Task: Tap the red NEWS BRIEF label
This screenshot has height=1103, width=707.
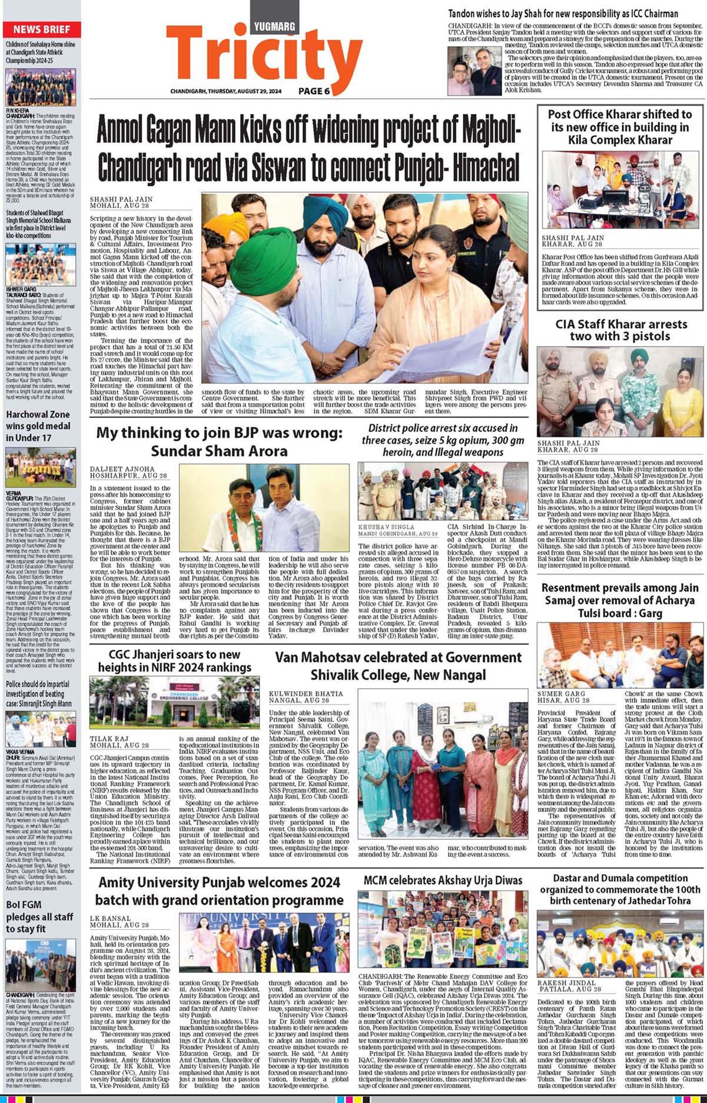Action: pyautogui.click(x=42, y=29)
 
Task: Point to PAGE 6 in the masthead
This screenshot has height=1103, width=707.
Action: pyautogui.click(x=314, y=91)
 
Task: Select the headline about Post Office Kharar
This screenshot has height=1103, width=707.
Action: pyautogui.click(x=620, y=127)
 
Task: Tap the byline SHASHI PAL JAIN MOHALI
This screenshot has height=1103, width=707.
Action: pyautogui.click(x=120, y=203)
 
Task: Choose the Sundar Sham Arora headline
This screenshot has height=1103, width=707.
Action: pyautogui.click(x=219, y=442)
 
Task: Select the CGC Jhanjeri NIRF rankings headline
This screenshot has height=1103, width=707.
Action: pyautogui.click(x=175, y=661)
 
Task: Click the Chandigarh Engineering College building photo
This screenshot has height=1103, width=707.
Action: pyautogui.click(x=174, y=702)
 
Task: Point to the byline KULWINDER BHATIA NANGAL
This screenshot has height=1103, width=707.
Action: pyautogui.click(x=306, y=697)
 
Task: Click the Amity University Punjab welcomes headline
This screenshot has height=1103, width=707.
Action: pyautogui.click(x=219, y=891)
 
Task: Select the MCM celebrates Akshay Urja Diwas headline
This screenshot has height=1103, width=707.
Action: pyautogui.click(x=443, y=881)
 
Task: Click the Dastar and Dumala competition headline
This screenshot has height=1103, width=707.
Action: pyautogui.click(x=620, y=889)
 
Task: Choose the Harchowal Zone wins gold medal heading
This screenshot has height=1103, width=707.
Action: pyautogui.click(x=38, y=426)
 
